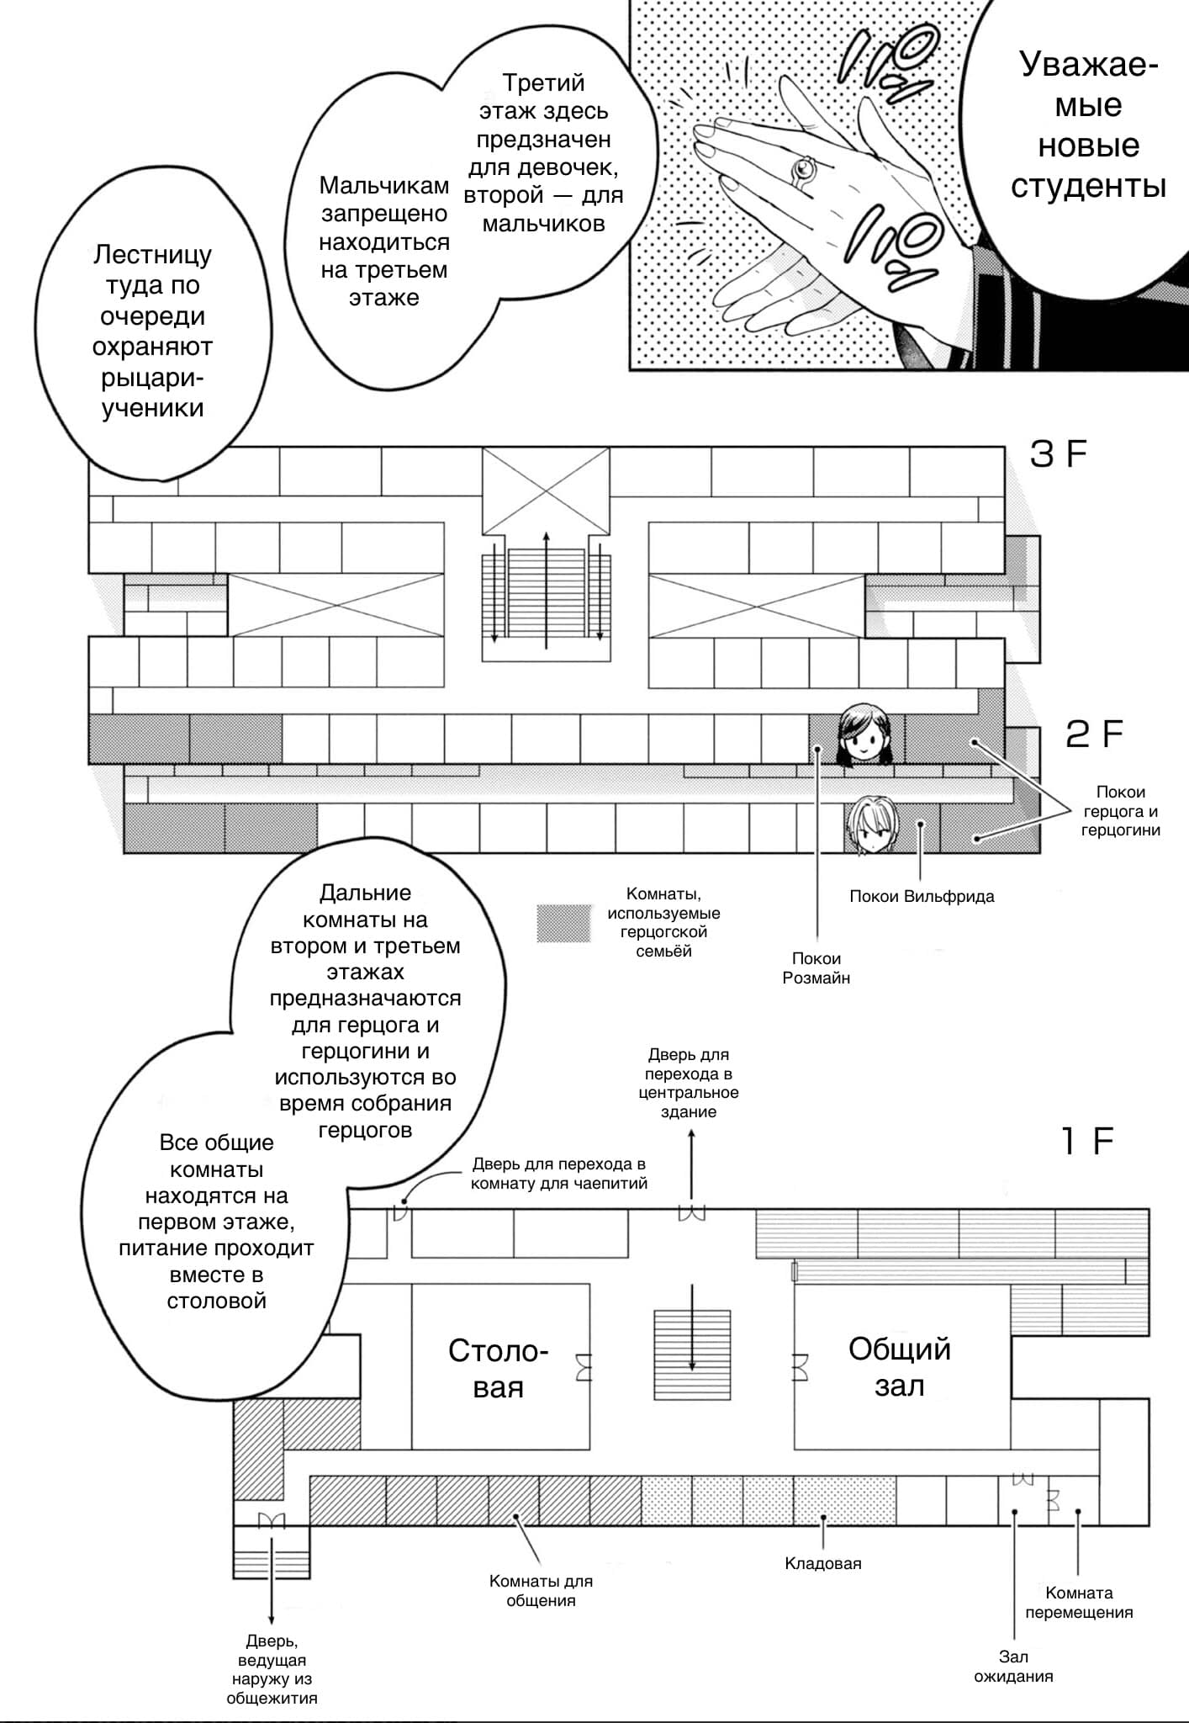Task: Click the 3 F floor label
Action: pos(1058,454)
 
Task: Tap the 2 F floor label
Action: pos(1093,734)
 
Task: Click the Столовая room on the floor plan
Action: pos(499,1369)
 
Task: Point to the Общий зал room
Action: pos(900,1367)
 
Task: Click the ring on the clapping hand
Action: pos(803,171)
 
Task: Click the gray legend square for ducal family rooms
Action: pos(563,923)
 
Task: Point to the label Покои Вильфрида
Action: pos(922,896)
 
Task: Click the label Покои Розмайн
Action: pos(816,968)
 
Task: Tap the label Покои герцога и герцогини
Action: pos(1120,811)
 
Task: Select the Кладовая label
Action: pos(823,1563)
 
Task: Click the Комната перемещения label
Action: pos(1079,1603)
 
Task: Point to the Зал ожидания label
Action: pos(1013,1667)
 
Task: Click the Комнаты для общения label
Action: pos(541,1591)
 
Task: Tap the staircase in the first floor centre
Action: pos(692,1355)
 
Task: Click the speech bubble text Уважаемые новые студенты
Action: pos(1088,125)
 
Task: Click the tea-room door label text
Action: pos(559,1174)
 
